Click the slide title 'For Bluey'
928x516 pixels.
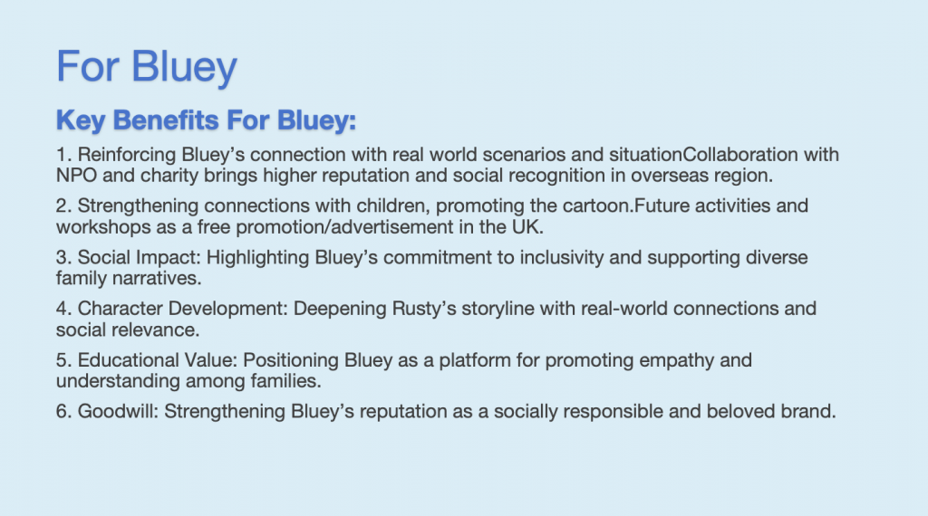(x=147, y=67)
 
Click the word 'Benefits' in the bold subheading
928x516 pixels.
(x=167, y=120)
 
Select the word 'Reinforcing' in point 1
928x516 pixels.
(x=127, y=156)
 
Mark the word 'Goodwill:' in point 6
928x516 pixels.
(x=119, y=411)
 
